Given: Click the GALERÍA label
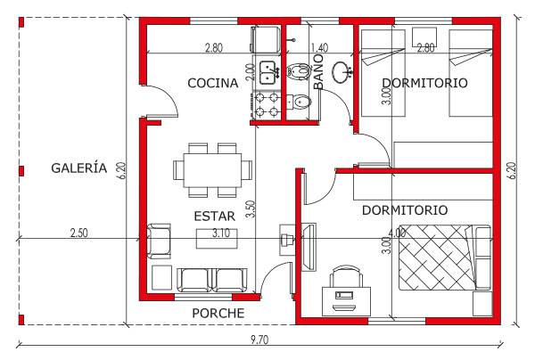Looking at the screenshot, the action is tap(79, 168).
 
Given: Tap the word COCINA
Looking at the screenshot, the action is tap(212, 83).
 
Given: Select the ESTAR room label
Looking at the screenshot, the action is tap(214, 217).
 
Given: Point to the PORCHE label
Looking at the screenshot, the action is tap(218, 314).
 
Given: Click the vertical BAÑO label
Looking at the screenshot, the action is tap(318, 71).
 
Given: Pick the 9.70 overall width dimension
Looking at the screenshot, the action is tap(259, 340).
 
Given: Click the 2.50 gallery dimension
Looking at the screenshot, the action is tap(78, 233).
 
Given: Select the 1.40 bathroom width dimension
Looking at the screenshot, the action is tap(320, 48).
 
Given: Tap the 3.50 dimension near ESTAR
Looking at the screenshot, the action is tap(251, 209).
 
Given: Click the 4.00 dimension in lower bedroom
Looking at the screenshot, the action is tap(397, 233).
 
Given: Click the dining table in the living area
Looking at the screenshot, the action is tap(212, 170).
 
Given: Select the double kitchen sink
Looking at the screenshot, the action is tap(270, 72).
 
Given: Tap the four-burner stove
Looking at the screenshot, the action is tap(266, 104).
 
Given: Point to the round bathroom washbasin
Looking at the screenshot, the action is tap(341, 72).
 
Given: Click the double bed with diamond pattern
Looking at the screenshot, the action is tap(445, 258).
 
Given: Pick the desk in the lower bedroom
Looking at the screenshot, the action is tap(346, 301).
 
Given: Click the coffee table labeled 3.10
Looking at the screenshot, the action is tap(217, 238).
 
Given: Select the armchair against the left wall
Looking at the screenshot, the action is tap(159, 241).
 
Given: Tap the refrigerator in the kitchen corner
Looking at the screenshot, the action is tap(266, 40).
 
